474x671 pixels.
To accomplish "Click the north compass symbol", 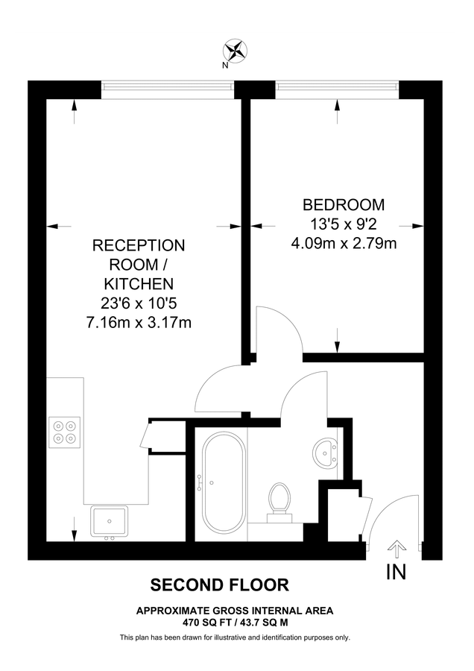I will pyautogui.click(x=237, y=51).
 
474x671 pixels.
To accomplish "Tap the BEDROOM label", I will pyautogui.click(x=343, y=204).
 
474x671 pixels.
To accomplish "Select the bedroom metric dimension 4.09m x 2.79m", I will pyautogui.click(x=343, y=242).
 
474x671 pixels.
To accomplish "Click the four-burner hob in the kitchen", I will pyautogui.click(x=64, y=432).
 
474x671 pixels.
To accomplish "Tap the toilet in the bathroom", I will pyautogui.click(x=279, y=498).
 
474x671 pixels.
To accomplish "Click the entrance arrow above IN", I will pyautogui.click(x=396, y=549).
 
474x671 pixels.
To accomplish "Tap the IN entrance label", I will pyautogui.click(x=396, y=573).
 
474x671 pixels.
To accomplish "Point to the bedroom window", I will pyautogui.click(x=338, y=87).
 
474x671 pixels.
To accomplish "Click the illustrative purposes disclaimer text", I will pyautogui.click(x=235, y=637).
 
